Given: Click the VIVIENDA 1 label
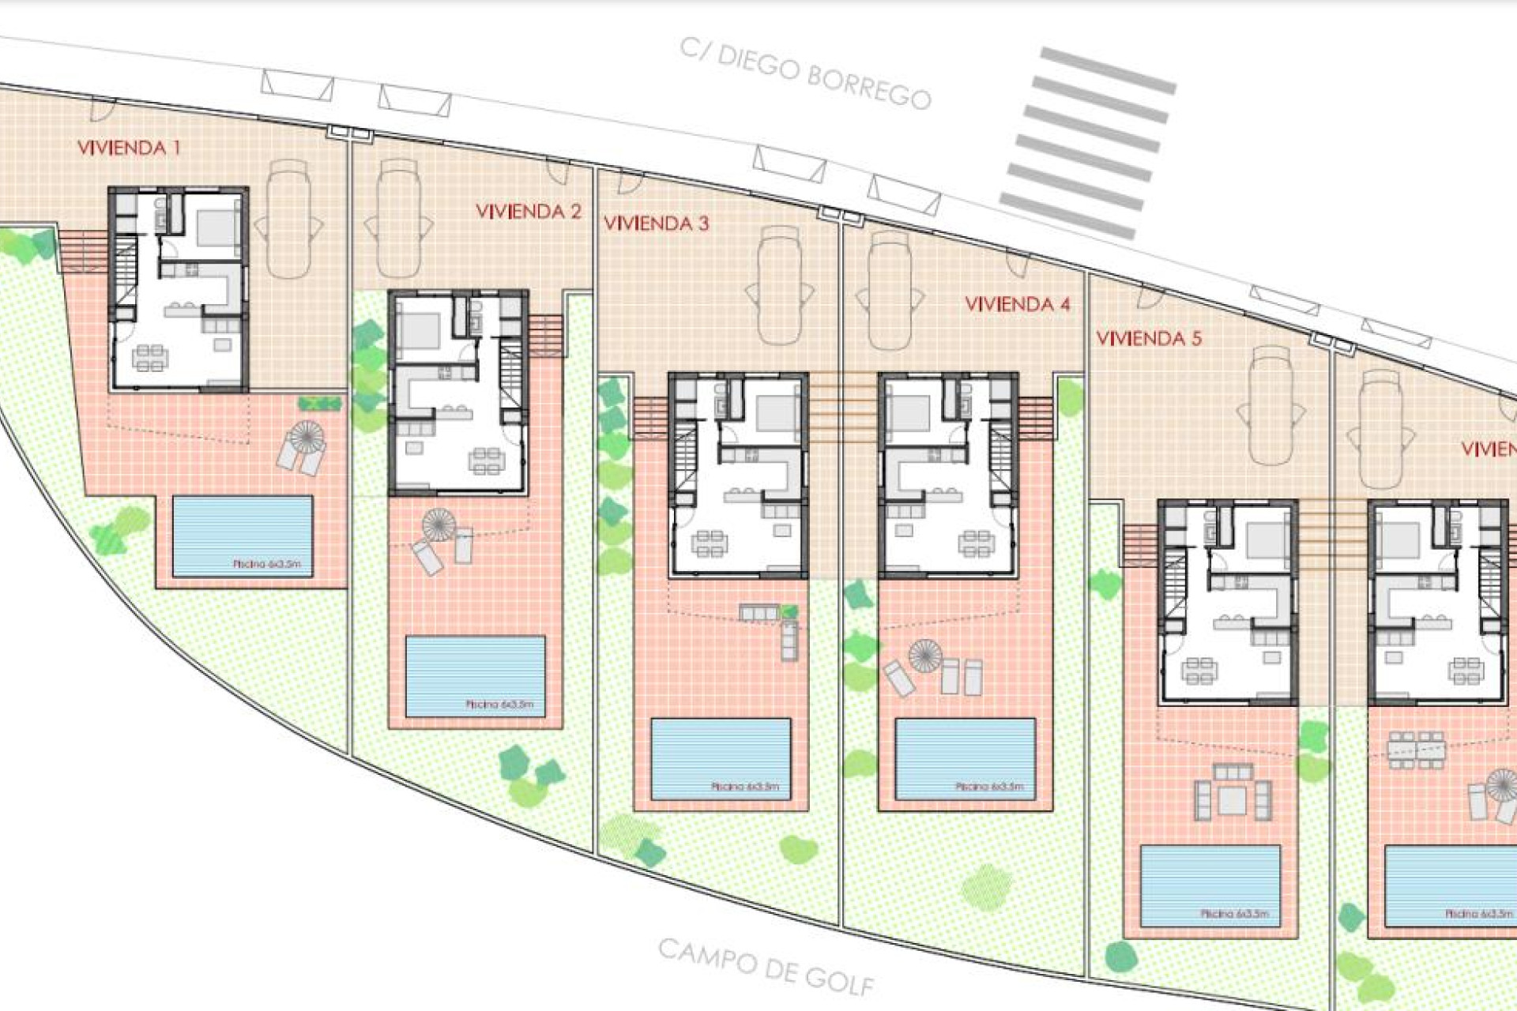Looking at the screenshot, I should point(129,148).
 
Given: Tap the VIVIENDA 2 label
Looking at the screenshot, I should point(528,212).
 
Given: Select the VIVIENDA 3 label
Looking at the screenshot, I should point(656,224).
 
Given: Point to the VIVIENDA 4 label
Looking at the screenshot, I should point(1017,304).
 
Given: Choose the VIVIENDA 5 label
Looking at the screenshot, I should point(1148,339).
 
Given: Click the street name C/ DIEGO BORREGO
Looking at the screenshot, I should point(805,73).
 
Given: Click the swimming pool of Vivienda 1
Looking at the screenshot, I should point(243,536).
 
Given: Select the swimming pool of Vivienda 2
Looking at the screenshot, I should point(475,676).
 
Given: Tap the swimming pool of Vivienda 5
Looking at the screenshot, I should point(1210,885).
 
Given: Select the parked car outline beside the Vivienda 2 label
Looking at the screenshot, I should point(398,218).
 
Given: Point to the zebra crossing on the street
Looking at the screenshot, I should point(1088,142).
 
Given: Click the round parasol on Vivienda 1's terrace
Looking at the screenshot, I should point(307,435).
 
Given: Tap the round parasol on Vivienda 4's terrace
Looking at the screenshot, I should point(924,655).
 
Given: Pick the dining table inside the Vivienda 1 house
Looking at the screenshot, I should point(149,357).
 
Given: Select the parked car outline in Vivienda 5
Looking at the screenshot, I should point(1270,405).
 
